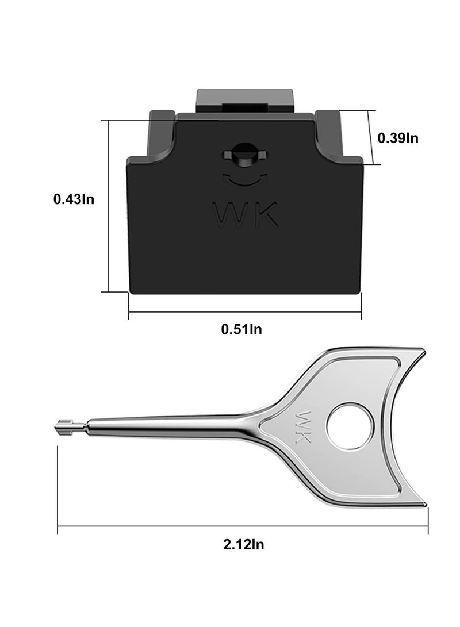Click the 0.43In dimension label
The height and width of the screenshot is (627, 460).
[74, 199]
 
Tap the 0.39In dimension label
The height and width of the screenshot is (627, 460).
[398, 138]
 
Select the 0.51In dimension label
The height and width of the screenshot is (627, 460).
[242, 329]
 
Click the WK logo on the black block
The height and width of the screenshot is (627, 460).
[246, 214]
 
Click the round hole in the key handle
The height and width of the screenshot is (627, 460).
[350, 426]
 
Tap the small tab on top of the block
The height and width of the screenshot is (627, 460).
[244, 101]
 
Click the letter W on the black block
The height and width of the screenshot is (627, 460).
[230, 214]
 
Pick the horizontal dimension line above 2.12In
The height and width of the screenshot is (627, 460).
[243, 526]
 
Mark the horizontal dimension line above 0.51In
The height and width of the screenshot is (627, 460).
[244, 313]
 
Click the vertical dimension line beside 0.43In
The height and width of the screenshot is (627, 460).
[109, 206]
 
